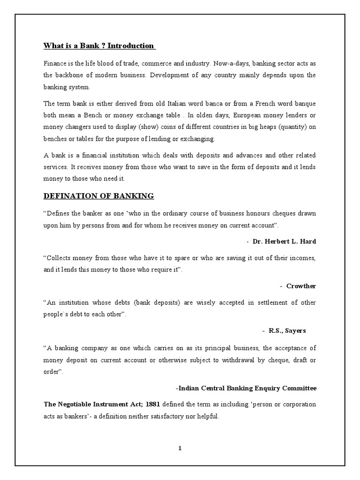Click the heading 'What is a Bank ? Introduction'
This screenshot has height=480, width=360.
click(x=99, y=45)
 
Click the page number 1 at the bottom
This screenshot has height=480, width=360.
click(x=180, y=448)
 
